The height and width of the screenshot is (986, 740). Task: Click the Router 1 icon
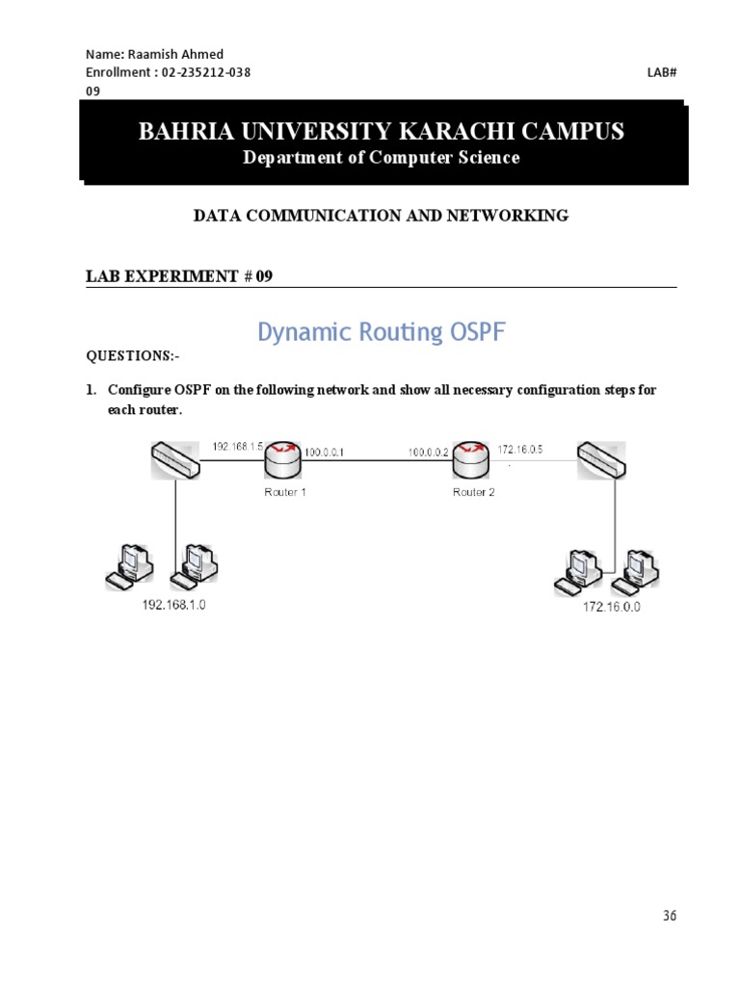coord(283,459)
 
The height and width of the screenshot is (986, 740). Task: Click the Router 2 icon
coord(471,459)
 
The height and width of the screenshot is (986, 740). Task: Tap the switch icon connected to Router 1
coord(175,459)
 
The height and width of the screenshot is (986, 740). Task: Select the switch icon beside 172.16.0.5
coord(600,459)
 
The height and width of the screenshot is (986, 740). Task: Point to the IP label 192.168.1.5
coord(237,446)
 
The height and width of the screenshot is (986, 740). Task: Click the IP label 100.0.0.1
coord(325,451)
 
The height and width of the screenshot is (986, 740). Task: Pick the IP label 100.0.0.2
coord(428,451)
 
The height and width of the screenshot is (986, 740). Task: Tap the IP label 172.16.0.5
coord(521,449)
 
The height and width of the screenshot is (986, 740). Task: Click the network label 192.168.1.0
coord(174,605)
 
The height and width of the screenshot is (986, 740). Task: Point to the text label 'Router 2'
coord(473,492)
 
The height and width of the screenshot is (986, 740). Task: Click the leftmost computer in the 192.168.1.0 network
coord(129,565)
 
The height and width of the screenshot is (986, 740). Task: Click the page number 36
coord(670,916)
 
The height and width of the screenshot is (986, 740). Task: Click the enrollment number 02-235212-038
coord(206,72)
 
